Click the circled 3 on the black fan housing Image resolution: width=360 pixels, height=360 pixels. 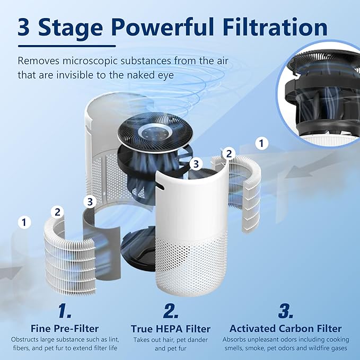point(196,164)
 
